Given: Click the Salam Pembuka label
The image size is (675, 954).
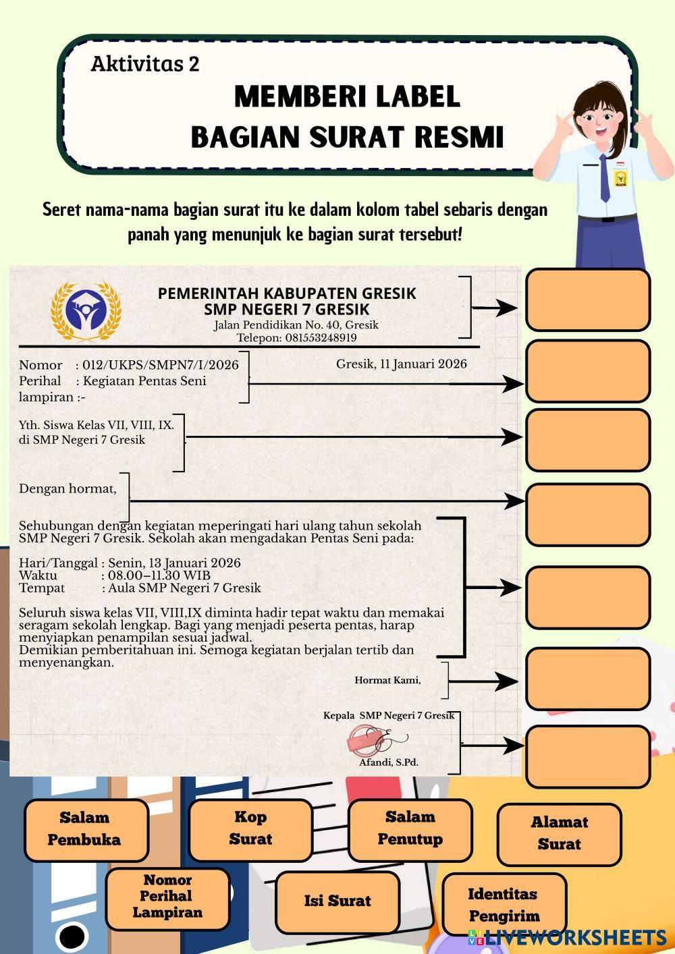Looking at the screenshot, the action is pyautogui.click(x=86, y=829).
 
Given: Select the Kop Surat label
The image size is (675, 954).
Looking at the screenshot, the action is pyautogui.click(x=250, y=829).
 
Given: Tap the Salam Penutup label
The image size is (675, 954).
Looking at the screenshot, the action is pyautogui.click(x=410, y=829).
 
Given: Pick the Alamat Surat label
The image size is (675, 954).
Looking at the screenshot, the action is pyautogui.click(x=559, y=833).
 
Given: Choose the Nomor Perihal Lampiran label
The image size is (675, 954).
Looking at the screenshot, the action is pyautogui.click(x=167, y=897).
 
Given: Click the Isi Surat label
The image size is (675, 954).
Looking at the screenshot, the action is pyautogui.click(x=337, y=901).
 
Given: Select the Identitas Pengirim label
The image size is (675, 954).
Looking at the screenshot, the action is pyautogui.click(x=504, y=905).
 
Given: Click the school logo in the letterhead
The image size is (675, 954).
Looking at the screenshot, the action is pyautogui.click(x=86, y=312).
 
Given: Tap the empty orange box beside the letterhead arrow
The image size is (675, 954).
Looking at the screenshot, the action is pyautogui.click(x=587, y=300).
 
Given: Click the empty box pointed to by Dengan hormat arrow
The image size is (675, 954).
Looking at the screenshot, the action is pyautogui.click(x=587, y=514).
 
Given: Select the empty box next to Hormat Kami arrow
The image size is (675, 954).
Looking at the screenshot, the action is pyautogui.click(x=587, y=678).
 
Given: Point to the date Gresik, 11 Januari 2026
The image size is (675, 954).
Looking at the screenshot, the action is pyautogui.click(x=402, y=364).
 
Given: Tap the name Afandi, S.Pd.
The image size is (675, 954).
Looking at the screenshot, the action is pyautogui.click(x=389, y=762).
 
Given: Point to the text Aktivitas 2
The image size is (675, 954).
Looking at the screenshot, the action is pyautogui.click(x=145, y=64).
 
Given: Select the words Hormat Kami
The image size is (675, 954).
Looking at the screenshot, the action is pyautogui.click(x=387, y=680).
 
